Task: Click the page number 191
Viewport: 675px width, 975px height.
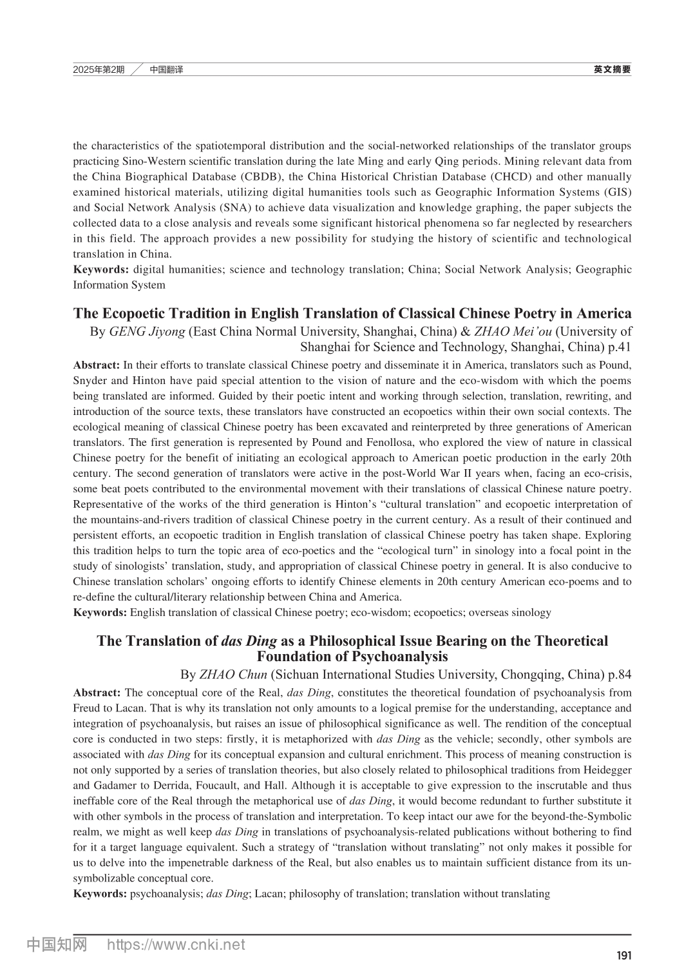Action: (623, 956)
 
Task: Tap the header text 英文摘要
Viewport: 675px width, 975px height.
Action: (612, 70)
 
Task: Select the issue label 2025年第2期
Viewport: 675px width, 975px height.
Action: (99, 70)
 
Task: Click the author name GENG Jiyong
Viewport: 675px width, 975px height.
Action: (147, 332)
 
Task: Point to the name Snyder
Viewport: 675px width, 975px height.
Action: (90, 381)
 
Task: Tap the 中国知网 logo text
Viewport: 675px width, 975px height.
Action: (57, 945)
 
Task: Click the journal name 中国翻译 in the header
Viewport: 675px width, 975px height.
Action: (166, 70)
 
